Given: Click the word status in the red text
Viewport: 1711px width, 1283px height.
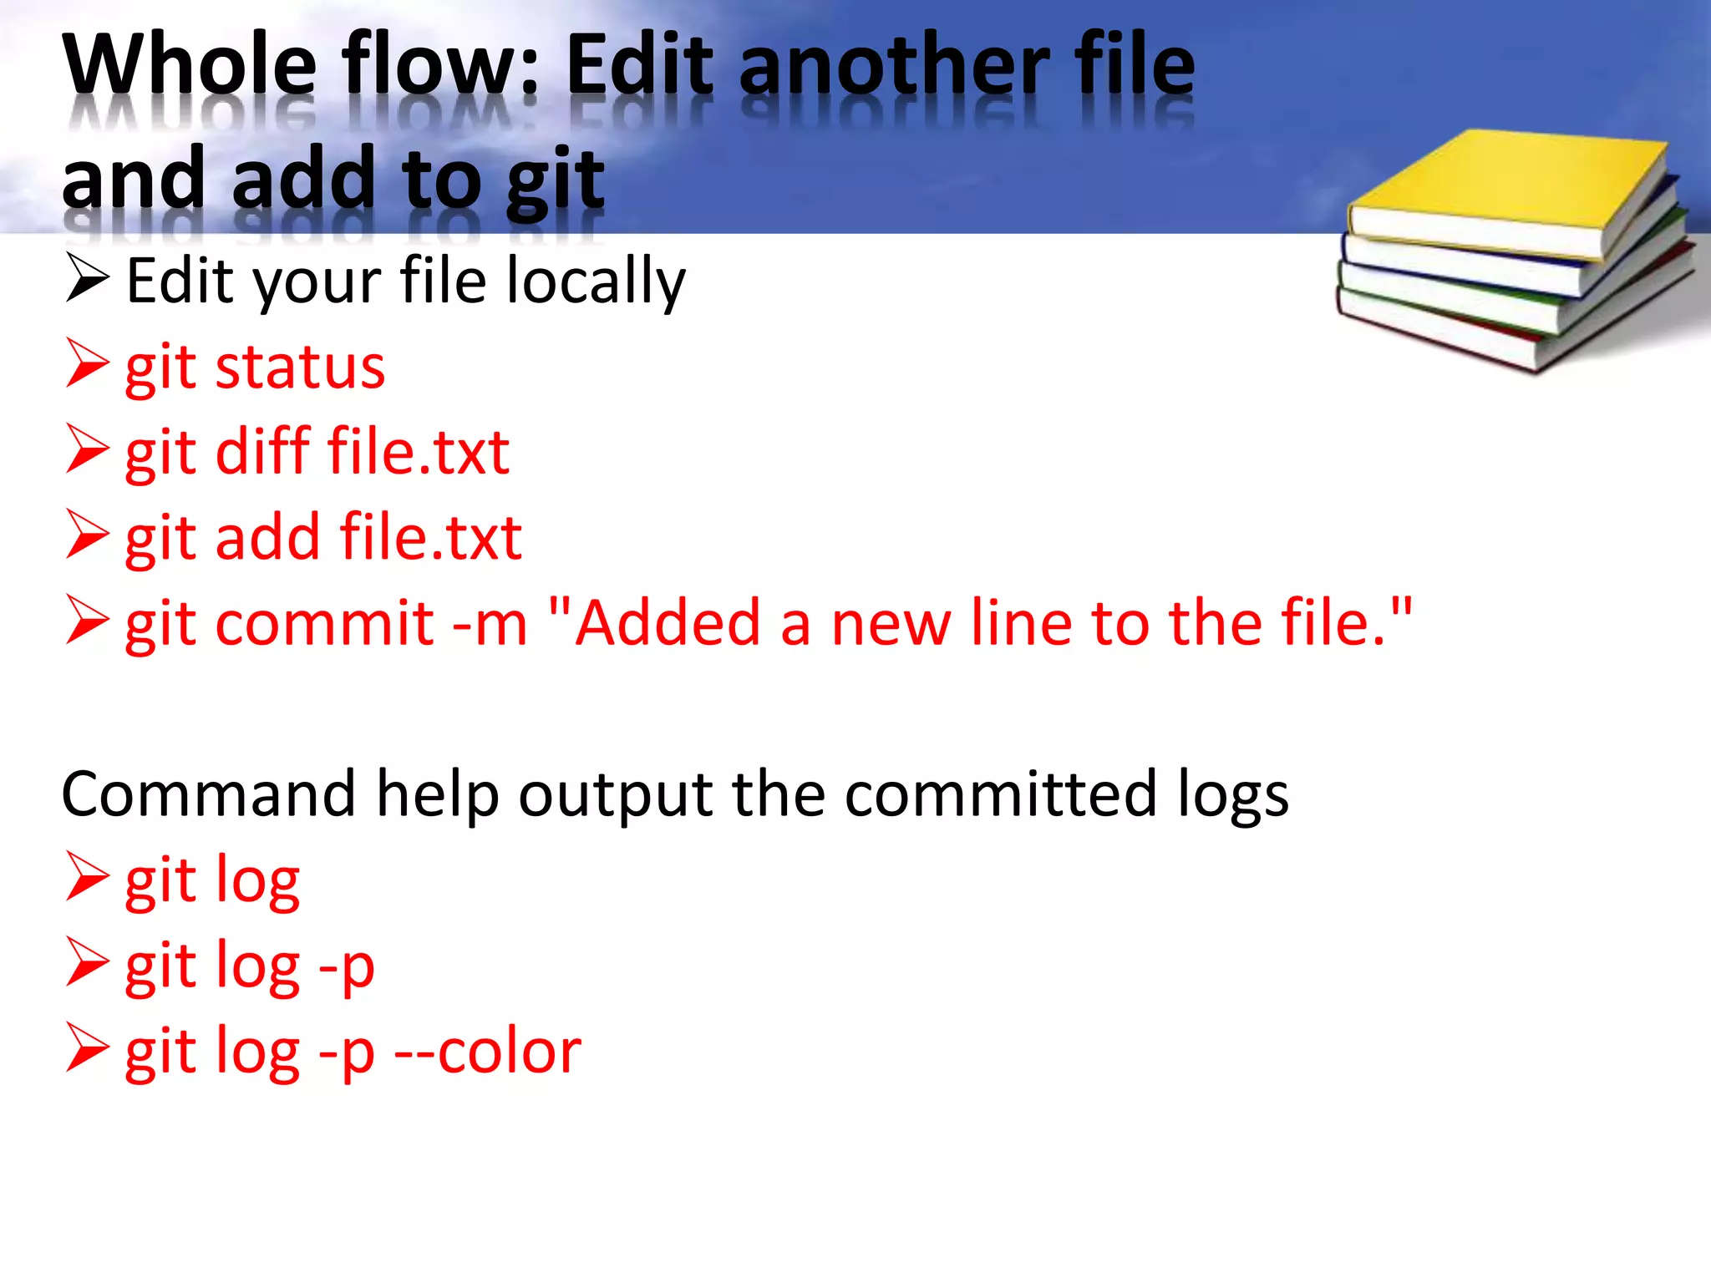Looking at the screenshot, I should click(x=300, y=368).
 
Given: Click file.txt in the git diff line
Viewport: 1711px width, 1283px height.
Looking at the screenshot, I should click(x=419, y=452).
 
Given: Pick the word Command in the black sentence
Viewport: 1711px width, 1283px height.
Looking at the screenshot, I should click(x=209, y=794).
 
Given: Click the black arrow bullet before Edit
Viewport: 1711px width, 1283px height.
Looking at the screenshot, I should click(x=87, y=279).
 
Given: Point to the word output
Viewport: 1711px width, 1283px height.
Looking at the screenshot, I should click(x=616, y=794).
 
